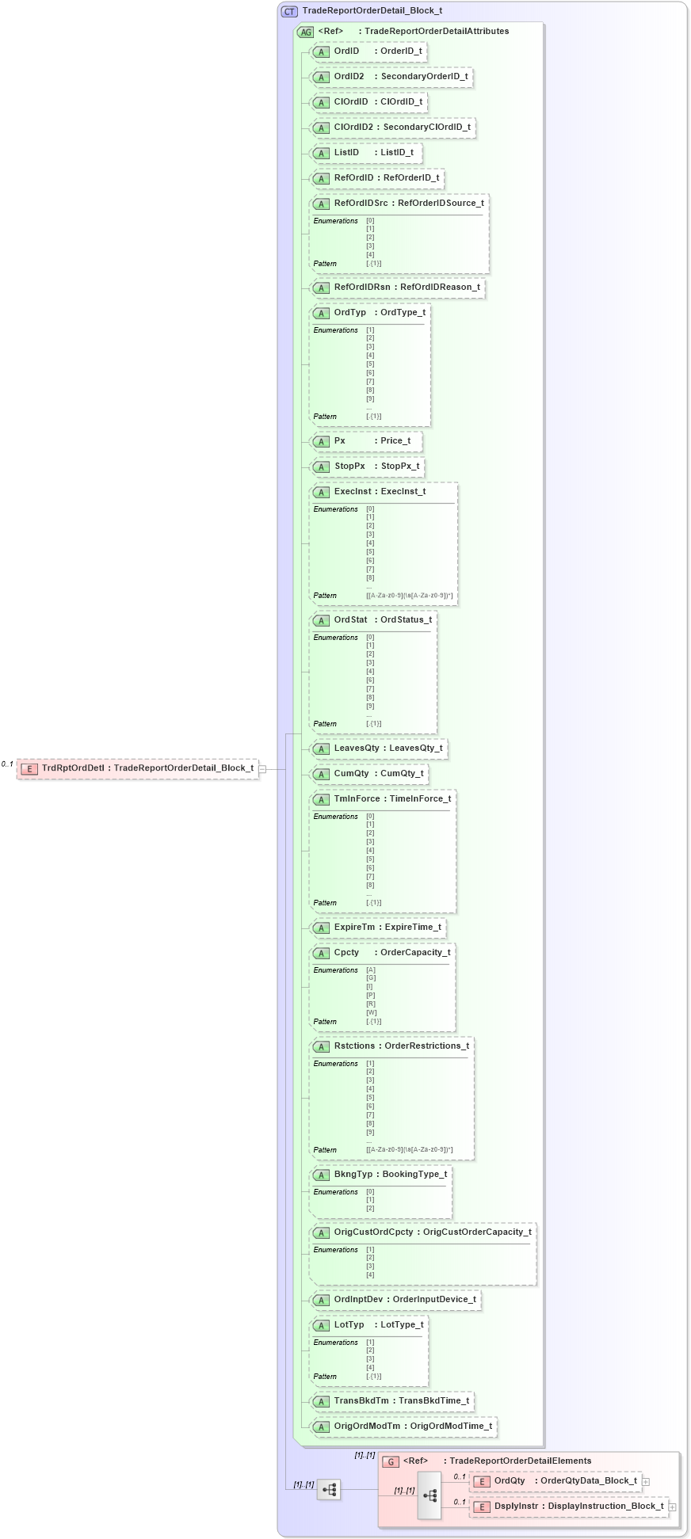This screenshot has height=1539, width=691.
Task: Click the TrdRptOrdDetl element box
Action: point(138,768)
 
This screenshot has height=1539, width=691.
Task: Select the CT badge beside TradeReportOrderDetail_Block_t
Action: point(289,11)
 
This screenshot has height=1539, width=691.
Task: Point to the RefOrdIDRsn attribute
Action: point(397,288)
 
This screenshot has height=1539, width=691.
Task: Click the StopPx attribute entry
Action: point(368,467)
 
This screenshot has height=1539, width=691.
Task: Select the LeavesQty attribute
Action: point(379,749)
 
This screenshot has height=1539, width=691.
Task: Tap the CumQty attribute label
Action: point(369,774)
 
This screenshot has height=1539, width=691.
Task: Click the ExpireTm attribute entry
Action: point(378,928)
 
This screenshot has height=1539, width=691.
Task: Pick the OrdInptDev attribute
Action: point(395,1300)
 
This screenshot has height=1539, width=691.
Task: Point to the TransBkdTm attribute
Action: point(392,1401)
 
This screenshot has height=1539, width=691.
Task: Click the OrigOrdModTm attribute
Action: point(403,1427)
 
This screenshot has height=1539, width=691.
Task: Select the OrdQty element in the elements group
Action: point(555,1481)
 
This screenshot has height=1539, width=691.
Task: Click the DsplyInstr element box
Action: point(569,1507)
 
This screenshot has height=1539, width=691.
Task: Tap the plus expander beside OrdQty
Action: point(647,1481)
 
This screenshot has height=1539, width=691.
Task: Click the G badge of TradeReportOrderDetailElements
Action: point(391,1461)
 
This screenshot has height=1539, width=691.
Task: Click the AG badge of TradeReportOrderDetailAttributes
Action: point(306,32)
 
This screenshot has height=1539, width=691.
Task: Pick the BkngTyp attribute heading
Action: point(380,1175)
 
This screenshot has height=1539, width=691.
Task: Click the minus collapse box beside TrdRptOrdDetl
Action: point(262,768)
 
